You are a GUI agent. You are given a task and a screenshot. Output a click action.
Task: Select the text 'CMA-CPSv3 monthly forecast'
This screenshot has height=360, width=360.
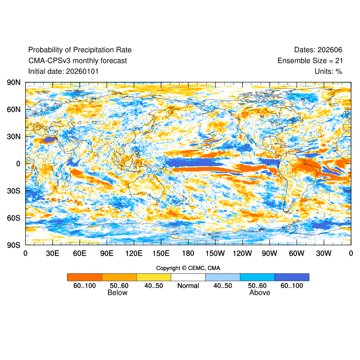77,60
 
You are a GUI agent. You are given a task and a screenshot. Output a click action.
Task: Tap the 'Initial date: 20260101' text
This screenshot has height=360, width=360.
63,71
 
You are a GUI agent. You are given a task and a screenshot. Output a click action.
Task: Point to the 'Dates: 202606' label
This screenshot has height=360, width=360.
318,49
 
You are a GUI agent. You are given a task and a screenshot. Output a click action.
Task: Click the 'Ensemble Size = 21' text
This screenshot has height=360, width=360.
310,60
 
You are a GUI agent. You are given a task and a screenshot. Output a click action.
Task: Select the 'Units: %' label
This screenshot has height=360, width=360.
328,71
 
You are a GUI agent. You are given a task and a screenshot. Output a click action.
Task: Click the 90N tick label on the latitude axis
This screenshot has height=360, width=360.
13,82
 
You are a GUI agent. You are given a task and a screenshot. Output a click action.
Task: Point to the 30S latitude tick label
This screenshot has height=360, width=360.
13,191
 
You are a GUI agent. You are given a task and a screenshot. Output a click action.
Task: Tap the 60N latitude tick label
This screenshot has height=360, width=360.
13,109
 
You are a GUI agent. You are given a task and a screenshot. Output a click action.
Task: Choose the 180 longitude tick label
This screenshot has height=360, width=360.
188,253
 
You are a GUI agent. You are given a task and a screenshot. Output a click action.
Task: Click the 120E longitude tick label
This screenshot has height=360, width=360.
134,253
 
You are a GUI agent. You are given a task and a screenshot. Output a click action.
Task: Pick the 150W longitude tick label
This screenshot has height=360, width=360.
215,253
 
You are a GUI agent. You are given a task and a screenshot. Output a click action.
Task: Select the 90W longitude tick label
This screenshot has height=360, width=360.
270,253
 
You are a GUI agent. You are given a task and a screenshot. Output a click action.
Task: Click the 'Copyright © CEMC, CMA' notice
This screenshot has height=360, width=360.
188,268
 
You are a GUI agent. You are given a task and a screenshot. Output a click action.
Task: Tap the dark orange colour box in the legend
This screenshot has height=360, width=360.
85,277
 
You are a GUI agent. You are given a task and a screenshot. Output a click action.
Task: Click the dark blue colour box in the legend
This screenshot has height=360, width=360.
292,277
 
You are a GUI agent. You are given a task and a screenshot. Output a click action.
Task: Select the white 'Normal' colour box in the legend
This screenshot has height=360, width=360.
188,277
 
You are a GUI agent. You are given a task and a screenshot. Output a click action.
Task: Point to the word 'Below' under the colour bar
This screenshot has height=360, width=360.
117,293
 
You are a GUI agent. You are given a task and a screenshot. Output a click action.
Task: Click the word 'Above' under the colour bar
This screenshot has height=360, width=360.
260,293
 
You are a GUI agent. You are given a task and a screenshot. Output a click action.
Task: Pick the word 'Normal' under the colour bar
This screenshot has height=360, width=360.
188,286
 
